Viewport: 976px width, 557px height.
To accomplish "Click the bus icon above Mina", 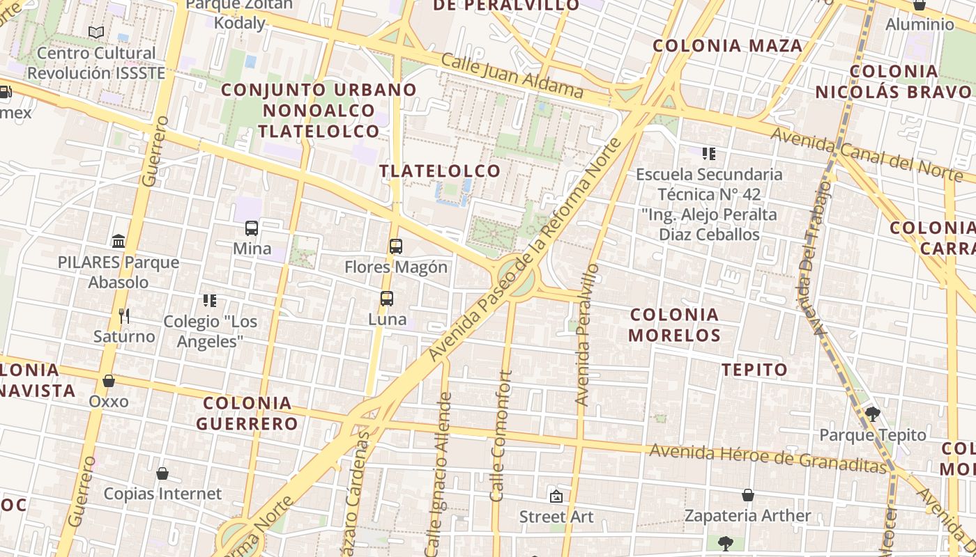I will click(x=252, y=228).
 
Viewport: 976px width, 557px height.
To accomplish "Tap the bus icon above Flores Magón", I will click(x=396, y=246).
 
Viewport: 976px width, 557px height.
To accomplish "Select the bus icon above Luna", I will click(x=387, y=299).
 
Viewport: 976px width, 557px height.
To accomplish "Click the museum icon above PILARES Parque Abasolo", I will click(x=119, y=242).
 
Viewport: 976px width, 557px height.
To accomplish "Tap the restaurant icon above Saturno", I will click(x=124, y=316).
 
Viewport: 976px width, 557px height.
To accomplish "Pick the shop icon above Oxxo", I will click(x=109, y=381).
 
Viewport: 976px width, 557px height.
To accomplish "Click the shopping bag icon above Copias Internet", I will click(x=162, y=473).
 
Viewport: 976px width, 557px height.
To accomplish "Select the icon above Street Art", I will click(x=556, y=496).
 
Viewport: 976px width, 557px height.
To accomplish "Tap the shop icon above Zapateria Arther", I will click(x=748, y=495).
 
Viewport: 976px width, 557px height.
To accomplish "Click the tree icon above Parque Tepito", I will click(x=872, y=414).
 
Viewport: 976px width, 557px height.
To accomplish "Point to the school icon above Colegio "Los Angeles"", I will click(x=210, y=301).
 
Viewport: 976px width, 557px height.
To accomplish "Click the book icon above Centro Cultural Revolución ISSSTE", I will click(x=96, y=32).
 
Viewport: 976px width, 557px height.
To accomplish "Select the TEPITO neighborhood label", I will click(x=755, y=370).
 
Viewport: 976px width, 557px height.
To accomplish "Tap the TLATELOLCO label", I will click(x=440, y=171).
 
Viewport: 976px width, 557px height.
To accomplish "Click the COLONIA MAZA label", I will click(x=728, y=46).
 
